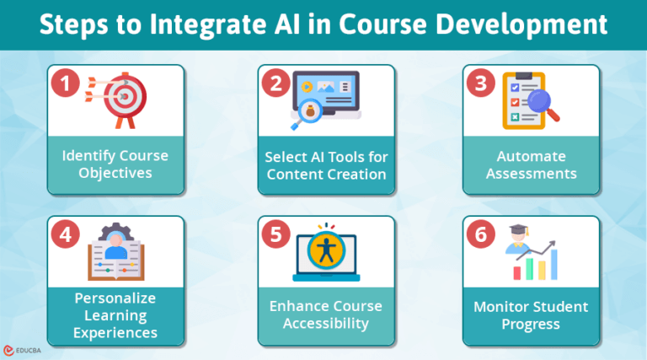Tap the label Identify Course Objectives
(x=115, y=165)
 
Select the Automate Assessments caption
(x=531, y=165)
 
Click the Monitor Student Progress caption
(x=531, y=315)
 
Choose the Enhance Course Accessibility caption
(x=326, y=315)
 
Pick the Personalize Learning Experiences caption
(x=115, y=315)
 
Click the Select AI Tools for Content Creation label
(x=326, y=165)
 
